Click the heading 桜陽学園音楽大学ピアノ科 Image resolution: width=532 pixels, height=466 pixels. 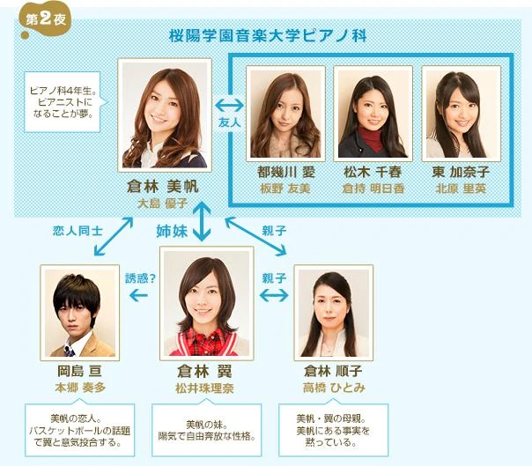coord(267,36)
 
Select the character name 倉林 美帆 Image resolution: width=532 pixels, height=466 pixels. coord(162,187)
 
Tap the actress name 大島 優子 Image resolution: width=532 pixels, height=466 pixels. coord(162,203)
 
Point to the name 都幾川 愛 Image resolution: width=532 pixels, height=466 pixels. coord(285,172)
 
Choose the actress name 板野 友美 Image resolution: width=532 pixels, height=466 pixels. coord(285,187)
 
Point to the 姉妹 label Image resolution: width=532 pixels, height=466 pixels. coord(173,231)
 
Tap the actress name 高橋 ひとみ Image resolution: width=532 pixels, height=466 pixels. coord(332,386)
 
